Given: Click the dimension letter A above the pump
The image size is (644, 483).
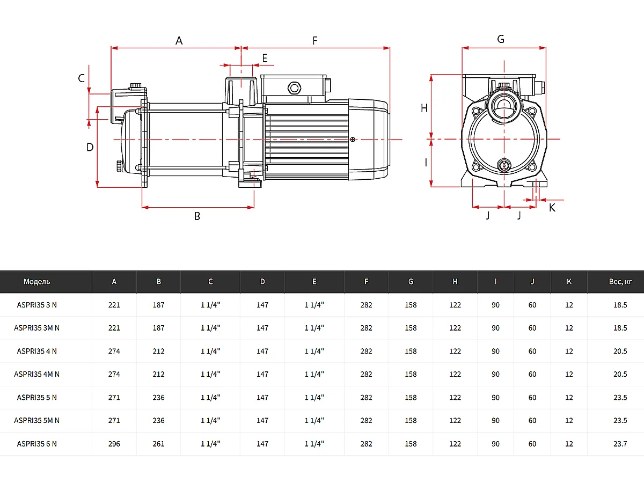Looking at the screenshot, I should click(x=179, y=41).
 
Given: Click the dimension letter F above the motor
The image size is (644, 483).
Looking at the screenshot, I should click(x=315, y=41).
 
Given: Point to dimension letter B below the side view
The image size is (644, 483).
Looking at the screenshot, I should click(x=197, y=216).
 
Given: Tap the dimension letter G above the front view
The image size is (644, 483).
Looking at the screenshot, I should click(x=501, y=39).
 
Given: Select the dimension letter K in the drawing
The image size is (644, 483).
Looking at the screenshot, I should click(x=552, y=208).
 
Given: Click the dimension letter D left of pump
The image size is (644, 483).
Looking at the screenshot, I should click(x=90, y=147).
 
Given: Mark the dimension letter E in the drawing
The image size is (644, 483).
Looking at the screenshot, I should click(x=265, y=58).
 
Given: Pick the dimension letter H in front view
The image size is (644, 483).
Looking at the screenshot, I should click(x=424, y=108).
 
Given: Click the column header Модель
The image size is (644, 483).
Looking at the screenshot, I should click(x=37, y=282).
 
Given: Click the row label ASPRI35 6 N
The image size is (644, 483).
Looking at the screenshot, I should click(x=37, y=444).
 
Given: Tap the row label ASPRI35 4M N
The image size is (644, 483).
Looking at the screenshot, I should click(x=37, y=374).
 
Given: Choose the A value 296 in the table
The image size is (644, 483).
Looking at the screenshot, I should click(x=114, y=444).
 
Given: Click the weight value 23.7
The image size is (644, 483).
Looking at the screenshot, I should click(x=620, y=444).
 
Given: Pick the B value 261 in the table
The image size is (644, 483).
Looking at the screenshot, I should click(x=158, y=444).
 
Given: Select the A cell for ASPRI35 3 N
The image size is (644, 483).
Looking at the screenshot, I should click(x=114, y=305).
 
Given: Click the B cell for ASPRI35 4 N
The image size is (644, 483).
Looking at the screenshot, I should click(x=158, y=351).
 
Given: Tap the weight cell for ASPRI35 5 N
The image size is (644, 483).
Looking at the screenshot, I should click(x=620, y=398).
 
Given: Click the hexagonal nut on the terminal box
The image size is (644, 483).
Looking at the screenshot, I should click(x=294, y=87).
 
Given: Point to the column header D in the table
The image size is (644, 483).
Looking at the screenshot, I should click(x=262, y=282).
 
